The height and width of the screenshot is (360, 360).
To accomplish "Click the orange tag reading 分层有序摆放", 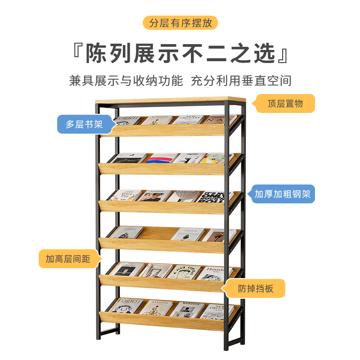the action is [x=180, y=23].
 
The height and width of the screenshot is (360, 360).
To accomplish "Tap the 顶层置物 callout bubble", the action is [x=285, y=103].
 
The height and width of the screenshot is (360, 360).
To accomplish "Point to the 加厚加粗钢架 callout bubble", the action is [x=283, y=194].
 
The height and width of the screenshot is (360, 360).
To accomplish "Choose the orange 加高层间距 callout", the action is [x=68, y=259].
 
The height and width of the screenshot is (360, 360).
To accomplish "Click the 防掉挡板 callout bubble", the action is [x=256, y=288].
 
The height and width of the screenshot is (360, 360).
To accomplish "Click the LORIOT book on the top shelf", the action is [x=128, y=120].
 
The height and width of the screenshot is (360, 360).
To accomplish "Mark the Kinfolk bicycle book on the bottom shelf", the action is [x=156, y=308].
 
